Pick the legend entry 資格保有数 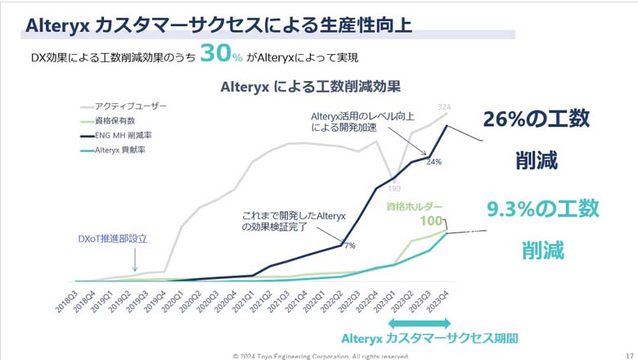[x=114, y=120]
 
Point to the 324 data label [x=445, y=107]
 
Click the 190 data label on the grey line [x=394, y=187]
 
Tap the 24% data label [x=434, y=162]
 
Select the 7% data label [x=348, y=245]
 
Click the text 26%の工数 [x=536, y=119]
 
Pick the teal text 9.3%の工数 [x=542, y=209]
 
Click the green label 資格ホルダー [x=415, y=207]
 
